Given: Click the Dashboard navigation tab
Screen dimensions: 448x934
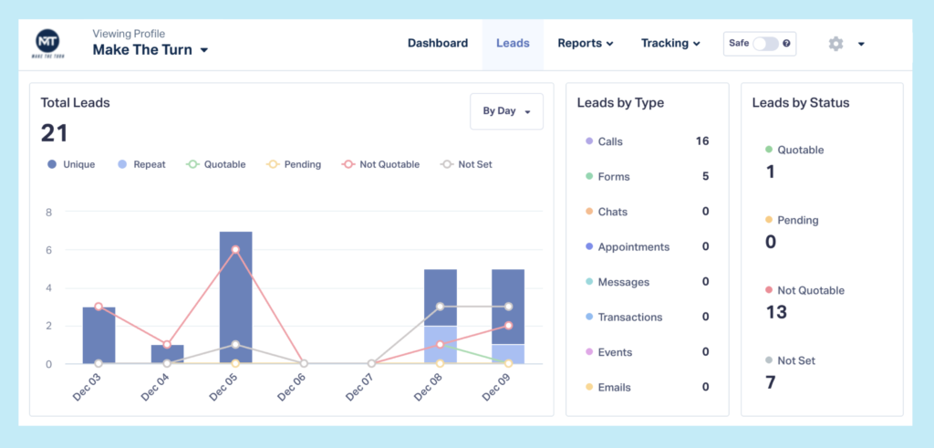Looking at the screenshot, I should point(437,43).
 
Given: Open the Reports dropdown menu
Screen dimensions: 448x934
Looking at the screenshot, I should point(585,43).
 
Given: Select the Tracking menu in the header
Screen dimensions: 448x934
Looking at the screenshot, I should point(670,43).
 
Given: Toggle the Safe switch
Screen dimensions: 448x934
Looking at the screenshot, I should point(765,44).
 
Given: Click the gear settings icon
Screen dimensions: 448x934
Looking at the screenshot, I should point(835,44).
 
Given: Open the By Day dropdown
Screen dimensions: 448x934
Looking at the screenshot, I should point(506,111).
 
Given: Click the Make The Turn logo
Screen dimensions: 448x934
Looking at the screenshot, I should point(47,44).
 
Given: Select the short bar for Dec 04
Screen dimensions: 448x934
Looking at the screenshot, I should point(167,354).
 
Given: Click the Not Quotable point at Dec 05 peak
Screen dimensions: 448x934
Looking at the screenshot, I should point(235,249).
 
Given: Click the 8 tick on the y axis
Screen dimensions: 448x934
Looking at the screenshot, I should point(48,212).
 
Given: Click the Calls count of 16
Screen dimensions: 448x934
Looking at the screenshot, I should point(701,141).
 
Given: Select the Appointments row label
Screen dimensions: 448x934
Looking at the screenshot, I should point(633,247).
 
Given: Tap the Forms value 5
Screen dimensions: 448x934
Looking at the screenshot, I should point(705,176).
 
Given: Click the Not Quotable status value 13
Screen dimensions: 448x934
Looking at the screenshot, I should point(775,312).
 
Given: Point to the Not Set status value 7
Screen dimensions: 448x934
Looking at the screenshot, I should point(770,382).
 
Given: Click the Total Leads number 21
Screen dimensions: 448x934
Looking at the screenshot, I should point(55,133).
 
